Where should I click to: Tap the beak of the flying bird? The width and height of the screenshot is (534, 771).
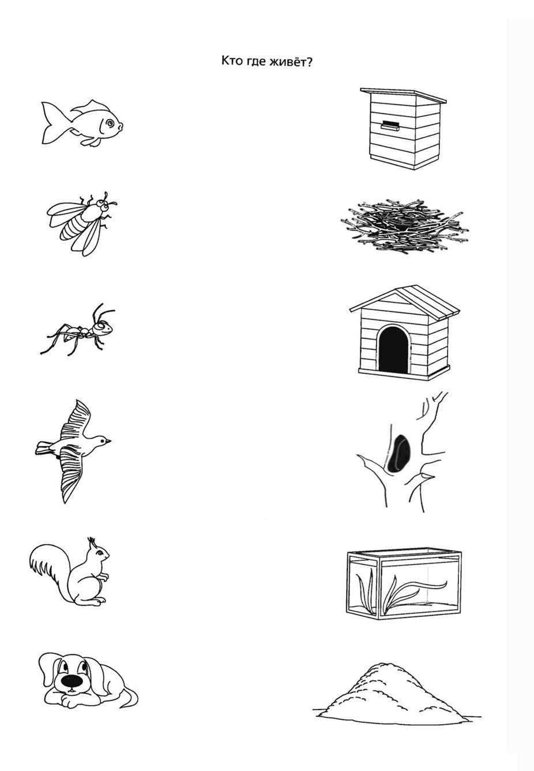(108, 441)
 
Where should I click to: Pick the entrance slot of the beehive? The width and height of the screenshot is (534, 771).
(389, 125)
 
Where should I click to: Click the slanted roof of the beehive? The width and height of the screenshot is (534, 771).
(403, 95)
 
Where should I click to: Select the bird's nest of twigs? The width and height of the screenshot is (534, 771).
(404, 226)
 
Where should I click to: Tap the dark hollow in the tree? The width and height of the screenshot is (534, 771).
(398, 453)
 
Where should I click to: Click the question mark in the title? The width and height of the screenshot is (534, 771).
(310, 62)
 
